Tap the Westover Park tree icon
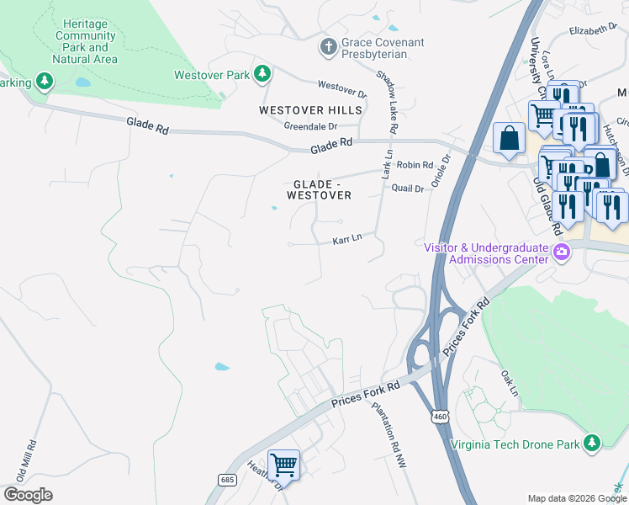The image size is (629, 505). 263,75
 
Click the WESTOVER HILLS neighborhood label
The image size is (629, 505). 311,110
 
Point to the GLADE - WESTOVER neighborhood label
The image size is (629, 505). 322,189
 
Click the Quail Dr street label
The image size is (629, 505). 408,189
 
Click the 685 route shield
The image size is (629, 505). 227,479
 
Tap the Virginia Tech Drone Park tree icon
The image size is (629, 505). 593,443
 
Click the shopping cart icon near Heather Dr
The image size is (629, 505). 283,464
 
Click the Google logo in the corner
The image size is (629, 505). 28,495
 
